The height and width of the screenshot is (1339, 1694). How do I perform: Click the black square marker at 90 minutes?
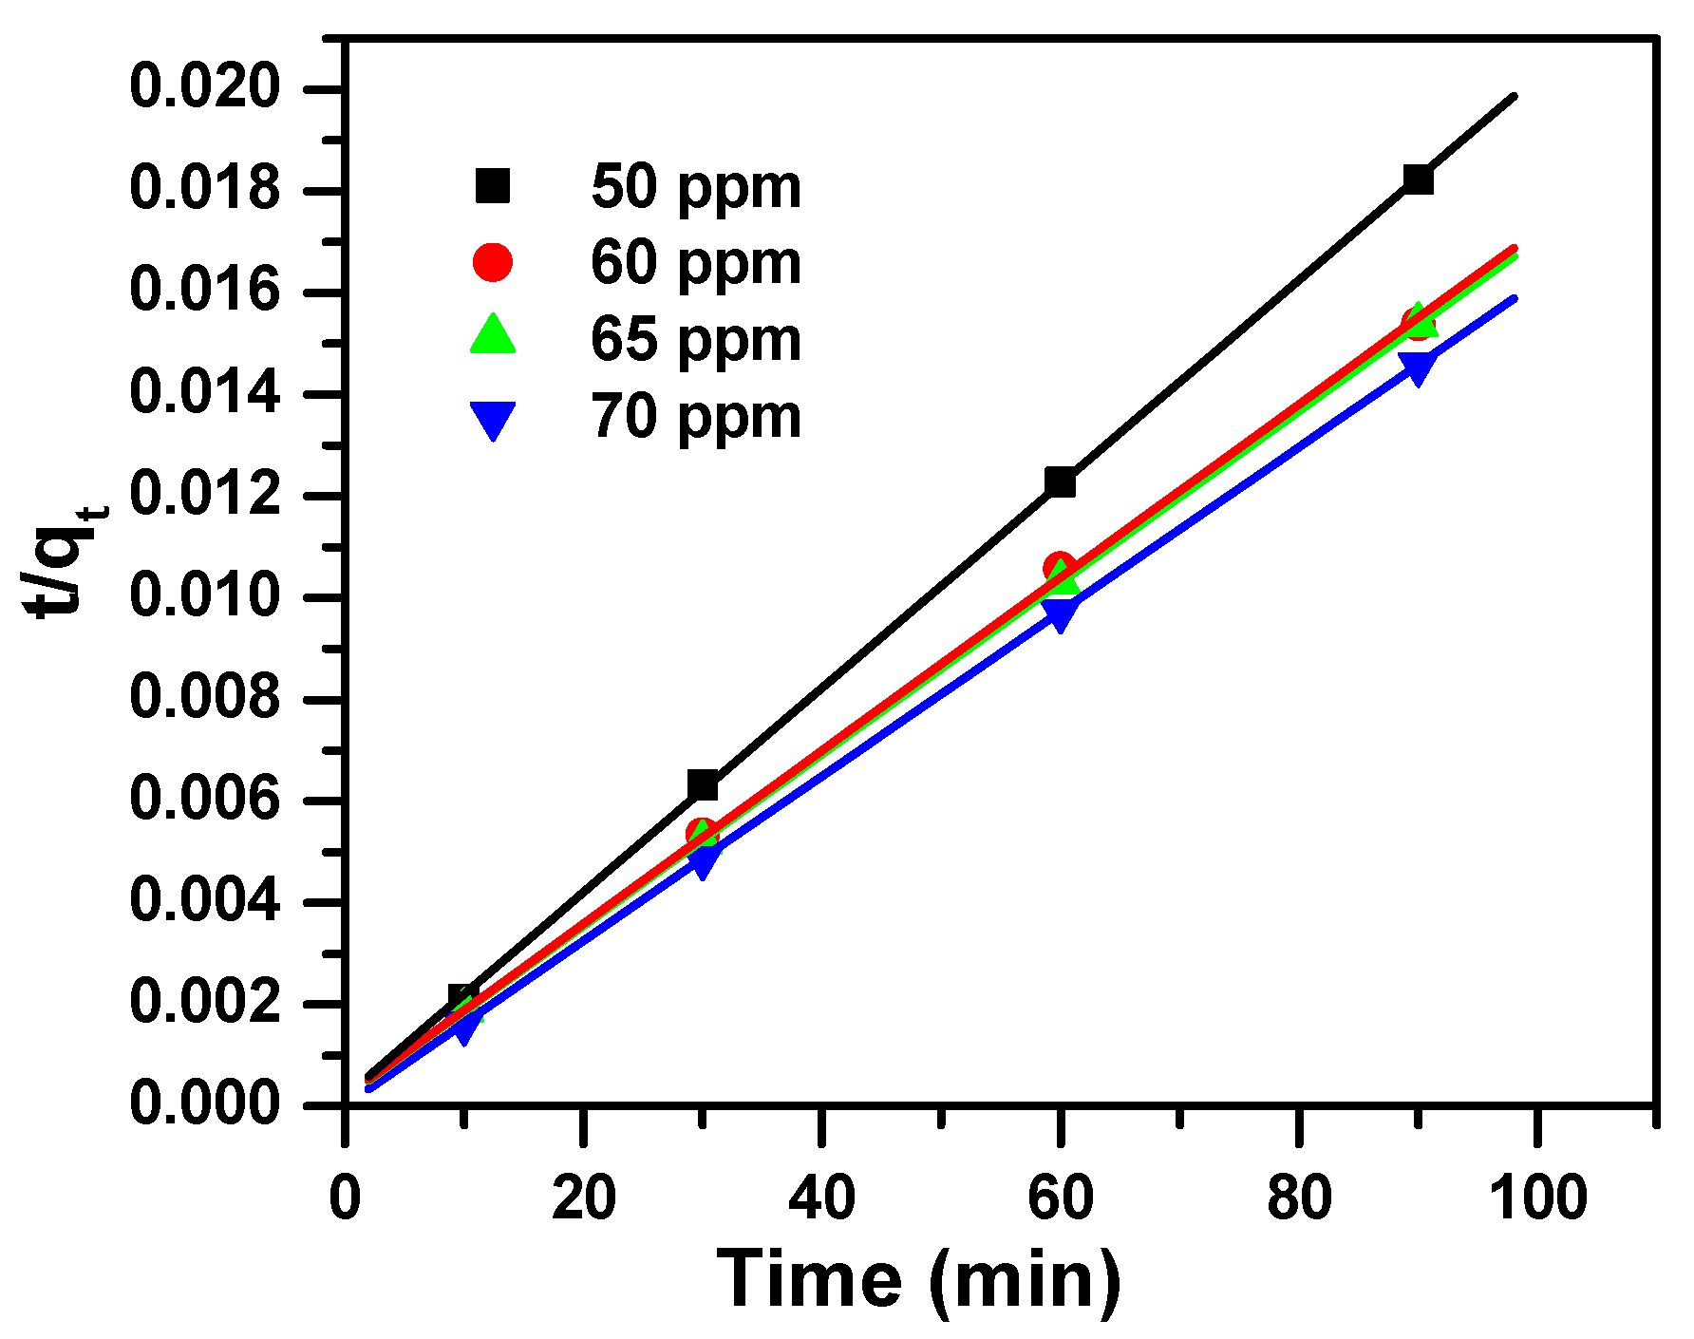tap(1417, 179)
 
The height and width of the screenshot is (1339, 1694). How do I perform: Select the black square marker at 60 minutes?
tap(1060, 481)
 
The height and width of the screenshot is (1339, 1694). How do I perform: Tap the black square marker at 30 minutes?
tap(702, 785)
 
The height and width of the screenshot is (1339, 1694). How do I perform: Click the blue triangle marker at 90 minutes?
tap(1417, 368)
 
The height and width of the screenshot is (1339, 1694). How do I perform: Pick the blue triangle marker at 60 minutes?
tap(1060, 615)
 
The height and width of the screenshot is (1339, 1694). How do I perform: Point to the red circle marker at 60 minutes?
tap(1060, 568)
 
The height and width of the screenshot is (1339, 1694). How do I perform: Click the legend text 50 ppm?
tap(695, 186)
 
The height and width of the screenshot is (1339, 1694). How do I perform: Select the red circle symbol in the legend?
tap(493, 262)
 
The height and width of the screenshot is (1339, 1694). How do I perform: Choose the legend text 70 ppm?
tap(695, 416)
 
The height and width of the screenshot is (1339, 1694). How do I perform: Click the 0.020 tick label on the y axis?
tap(205, 87)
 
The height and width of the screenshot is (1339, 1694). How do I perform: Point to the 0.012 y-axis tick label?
tap(205, 495)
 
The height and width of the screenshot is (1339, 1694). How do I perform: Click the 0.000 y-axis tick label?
tap(205, 1103)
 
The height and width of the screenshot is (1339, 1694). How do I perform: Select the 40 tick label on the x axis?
tap(821, 1198)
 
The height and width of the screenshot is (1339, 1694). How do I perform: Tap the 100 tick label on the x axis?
tap(1537, 1198)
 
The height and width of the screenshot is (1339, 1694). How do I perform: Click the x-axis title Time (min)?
tap(917, 1279)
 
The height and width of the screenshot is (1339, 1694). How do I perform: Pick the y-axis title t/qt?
tap(65, 560)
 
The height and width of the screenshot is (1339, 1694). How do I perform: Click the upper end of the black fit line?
tap(1514, 97)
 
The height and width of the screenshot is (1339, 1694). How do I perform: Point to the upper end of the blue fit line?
tap(1514, 299)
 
